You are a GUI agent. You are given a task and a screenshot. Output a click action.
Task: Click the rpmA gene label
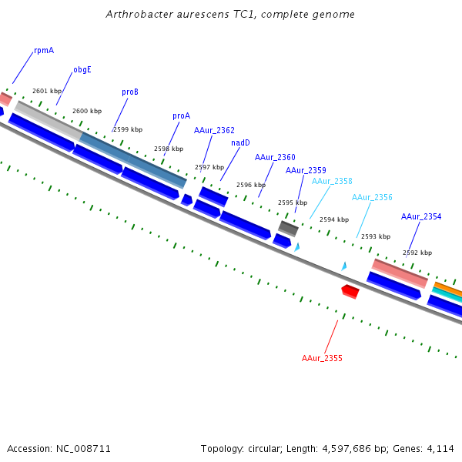[x=44, y=51]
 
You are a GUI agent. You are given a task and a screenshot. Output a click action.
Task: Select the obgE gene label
[x=82, y=69]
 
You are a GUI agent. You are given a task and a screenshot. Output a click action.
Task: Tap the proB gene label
[x=130, y=92]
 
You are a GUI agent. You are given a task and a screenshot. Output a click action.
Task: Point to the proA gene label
[x=181, y=116]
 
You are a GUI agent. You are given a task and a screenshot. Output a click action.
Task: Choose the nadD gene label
[x=240, y=142]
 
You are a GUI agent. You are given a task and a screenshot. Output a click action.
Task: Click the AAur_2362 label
[x=214, y=131]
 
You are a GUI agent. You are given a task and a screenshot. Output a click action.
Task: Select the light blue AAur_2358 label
[x=332, y=182]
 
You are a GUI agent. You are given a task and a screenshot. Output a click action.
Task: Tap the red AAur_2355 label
[x=322, y=359]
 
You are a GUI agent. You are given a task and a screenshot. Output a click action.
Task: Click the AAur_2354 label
[x=421, y=217]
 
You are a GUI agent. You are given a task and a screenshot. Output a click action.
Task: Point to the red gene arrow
[x=350, y=291]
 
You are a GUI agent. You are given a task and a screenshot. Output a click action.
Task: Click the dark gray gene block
[x=288, y=228]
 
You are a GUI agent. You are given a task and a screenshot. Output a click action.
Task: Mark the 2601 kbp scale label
[x=47, y=91]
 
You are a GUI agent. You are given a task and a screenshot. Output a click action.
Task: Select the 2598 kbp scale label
[x=169, y=149]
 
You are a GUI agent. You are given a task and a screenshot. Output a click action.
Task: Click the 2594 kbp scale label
[x=334, y=219]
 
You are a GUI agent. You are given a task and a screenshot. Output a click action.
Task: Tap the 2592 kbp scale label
[x=417, y=253]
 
